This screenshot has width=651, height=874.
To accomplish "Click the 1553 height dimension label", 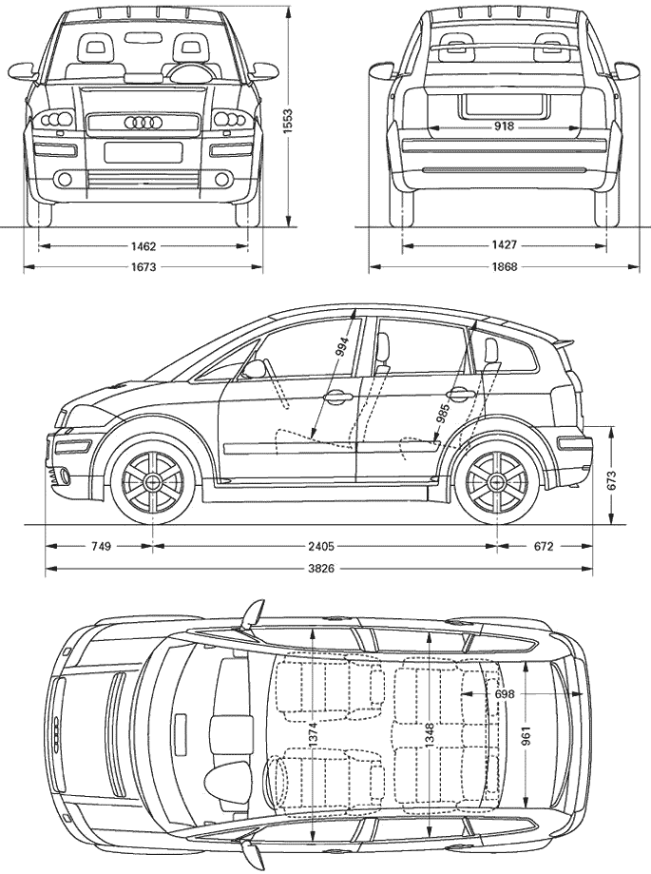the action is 287,119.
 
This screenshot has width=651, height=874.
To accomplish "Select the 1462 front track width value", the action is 144,245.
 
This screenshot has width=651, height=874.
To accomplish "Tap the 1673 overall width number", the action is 144,267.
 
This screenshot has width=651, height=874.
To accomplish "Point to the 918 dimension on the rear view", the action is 504,126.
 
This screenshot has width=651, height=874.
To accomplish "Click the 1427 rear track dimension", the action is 504,244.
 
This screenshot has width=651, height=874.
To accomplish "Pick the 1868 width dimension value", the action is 504,266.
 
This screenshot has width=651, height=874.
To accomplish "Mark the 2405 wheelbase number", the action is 322,546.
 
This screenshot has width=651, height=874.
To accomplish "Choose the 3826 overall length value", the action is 322,569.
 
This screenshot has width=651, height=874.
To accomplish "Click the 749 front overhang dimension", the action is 101,546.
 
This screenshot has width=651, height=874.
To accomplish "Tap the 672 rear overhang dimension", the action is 544,546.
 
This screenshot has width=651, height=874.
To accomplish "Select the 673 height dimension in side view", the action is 613,480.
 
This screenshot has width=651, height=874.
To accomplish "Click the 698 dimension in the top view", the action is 505,694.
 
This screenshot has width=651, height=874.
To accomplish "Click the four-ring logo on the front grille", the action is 143,123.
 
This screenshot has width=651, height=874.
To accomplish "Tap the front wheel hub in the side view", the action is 151,480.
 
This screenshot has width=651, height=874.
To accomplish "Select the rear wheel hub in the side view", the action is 495,480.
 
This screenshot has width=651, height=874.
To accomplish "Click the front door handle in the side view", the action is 338,397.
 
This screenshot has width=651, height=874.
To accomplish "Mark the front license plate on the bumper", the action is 144,152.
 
